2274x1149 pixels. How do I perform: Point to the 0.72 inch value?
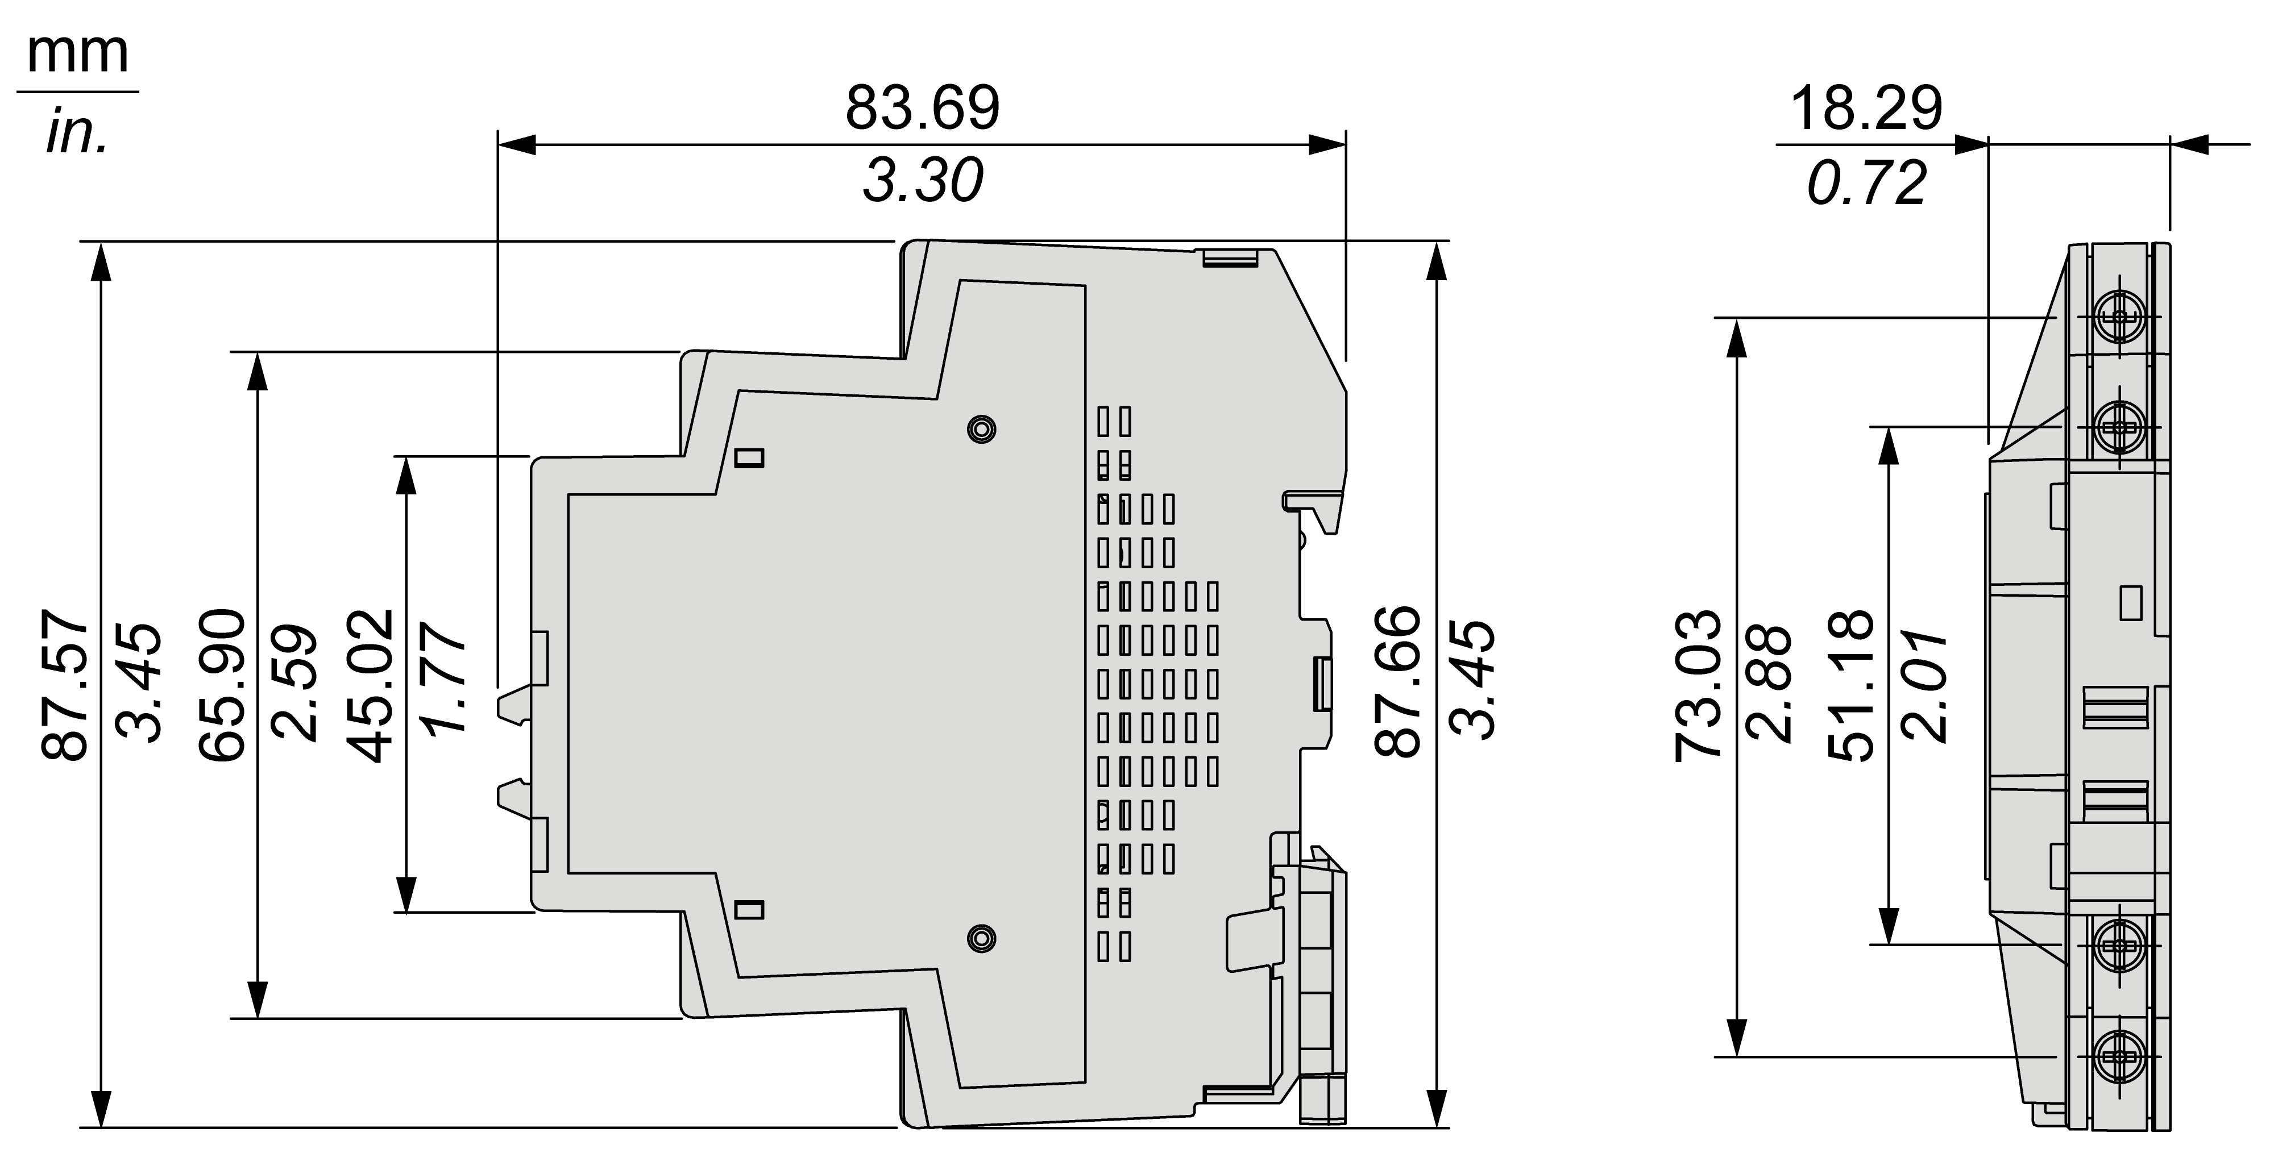point(1865,184)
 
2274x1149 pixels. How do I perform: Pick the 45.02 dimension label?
point(371,684)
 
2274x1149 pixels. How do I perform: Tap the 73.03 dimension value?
point(1699,684)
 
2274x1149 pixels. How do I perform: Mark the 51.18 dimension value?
point(1849,684)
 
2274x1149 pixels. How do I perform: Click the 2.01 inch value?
point(1924,685)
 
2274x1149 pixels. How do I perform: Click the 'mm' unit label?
point(78,52)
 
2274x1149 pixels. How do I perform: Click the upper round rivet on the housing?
point(981,429)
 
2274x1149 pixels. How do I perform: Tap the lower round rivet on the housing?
point(981,938)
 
